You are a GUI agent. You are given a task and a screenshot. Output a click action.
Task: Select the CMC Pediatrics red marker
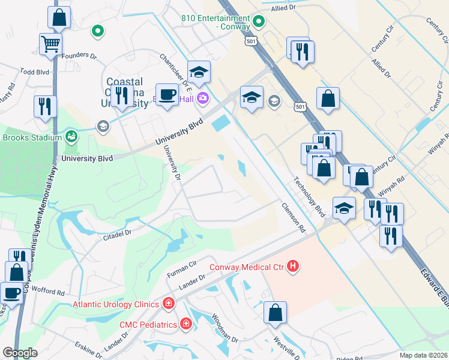[x=186, y=325]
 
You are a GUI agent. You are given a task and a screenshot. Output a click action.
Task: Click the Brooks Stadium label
[x=32, y=137]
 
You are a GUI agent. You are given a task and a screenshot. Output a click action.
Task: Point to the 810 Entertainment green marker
[x=259, y=23]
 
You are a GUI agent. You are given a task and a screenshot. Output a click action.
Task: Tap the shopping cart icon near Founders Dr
[x=50, y=44]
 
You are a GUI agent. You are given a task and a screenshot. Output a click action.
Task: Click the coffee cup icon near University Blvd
[x=167, y=94]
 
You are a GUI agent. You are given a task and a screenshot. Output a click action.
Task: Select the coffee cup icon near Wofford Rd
[x=13, y=293]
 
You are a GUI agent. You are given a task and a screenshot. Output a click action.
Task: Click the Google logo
[x=20, y=353]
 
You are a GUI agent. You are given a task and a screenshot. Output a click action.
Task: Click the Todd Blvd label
[x=34, y=71]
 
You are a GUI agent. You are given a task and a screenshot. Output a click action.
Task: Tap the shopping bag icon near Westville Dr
[x=275, y=313]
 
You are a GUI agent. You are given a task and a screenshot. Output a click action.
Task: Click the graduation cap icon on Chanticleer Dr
[x=199, y=73]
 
